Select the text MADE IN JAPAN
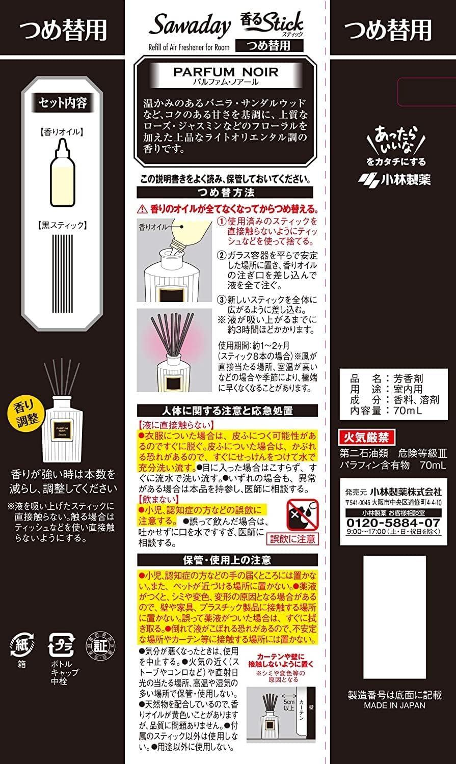[x=395, y=705]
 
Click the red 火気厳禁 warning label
[x=366, y=436]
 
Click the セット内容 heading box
[x=63, y=102]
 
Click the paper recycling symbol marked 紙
[x=21, y=643]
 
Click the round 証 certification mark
[x=97, y=644]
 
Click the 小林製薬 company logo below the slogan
[x=394, y=179]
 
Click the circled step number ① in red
[x=221, y=222]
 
